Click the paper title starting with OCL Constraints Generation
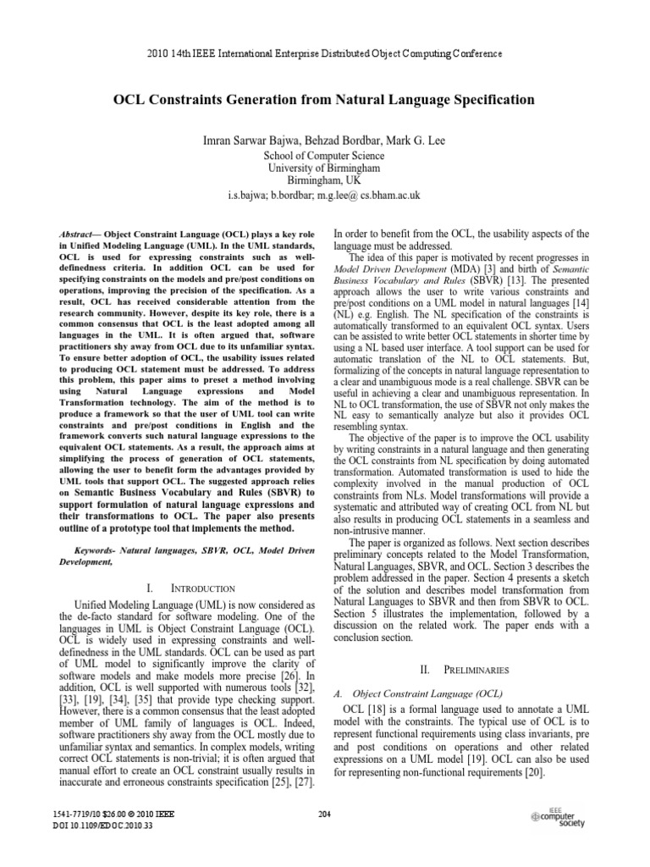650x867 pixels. (324, 100)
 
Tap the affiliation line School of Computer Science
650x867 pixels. (324, 156)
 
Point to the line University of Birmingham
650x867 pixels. (324, 168)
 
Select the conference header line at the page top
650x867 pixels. (324, 53)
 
